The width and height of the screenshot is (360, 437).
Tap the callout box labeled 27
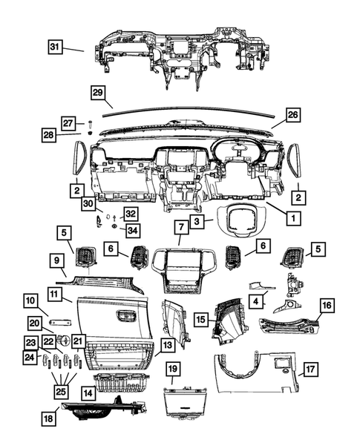click(68, 122)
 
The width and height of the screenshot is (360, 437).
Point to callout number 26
click(292, 115)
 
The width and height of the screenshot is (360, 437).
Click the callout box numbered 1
click(294, 219)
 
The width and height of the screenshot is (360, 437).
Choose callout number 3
click(196, 221)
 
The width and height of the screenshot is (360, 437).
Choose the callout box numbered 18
click(50, 419)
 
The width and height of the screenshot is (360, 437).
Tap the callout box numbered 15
click(200, 318)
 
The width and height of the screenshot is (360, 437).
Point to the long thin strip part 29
click(193, 112)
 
